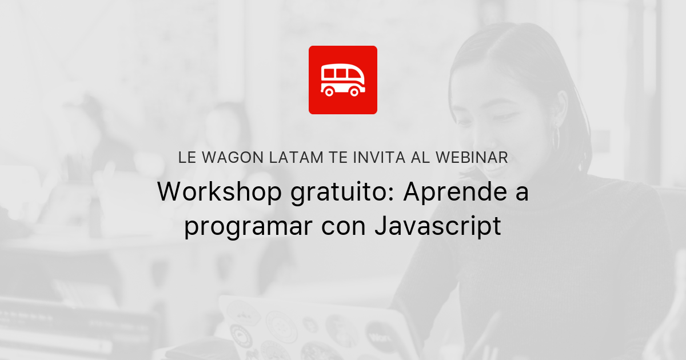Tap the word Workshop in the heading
coord(220,193)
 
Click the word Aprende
coord(453,193)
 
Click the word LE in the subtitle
coord(187,158)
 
